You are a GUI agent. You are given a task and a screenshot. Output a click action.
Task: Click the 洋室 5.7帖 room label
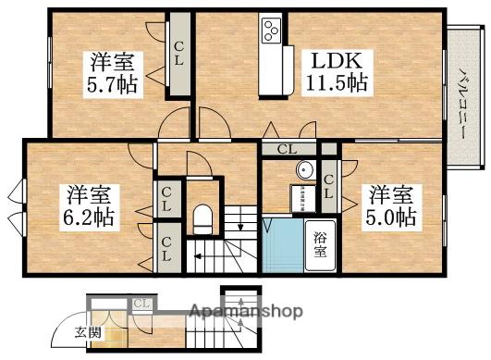[x=111, y=72]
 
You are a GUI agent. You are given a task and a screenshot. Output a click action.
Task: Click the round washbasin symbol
[x=304, y=170]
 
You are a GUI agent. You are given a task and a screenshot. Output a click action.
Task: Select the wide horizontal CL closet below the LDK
[x=287, y=148]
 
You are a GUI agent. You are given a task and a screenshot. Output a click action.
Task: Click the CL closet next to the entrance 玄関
[x=142, y=304]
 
